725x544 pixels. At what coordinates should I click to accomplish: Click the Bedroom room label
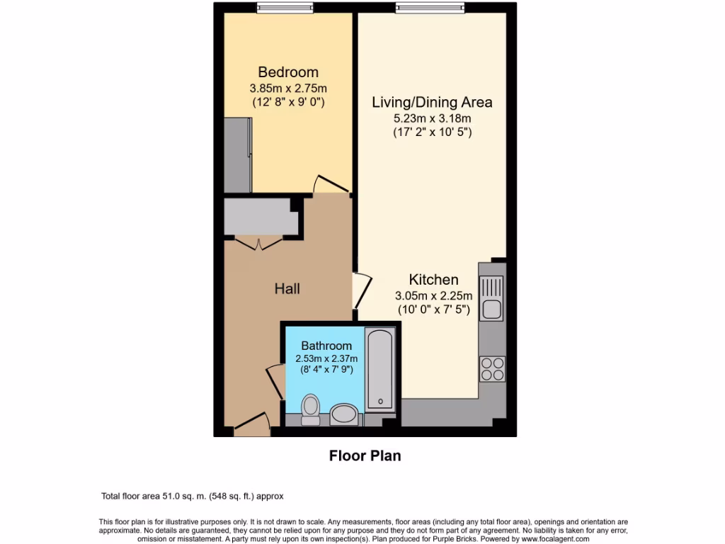[x=288, y=72]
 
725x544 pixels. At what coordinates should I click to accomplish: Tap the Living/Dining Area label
[x=432, y=102]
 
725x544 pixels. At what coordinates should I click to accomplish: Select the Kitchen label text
[x=433, y=279]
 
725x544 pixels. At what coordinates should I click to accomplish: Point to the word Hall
[x=287, y=289]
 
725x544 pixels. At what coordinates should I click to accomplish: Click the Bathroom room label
[x=326, y=346]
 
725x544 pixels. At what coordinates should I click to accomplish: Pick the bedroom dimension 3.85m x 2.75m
[x=288, y=89]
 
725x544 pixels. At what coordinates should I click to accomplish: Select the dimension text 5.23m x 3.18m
[x=432, y=118]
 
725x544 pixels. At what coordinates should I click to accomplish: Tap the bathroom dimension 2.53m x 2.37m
[x=326, y=358]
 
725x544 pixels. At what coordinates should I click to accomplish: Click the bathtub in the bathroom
[x=381, y=369]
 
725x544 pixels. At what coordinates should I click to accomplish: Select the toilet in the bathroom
[x=310, y=409]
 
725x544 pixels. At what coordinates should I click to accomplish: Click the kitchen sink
[x=491, y=298]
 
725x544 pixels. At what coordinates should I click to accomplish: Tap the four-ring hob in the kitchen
[x=492, y=368]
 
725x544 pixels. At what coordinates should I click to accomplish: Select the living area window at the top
[x=422, y=8]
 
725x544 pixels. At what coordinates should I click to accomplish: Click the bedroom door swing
[x=329, y=184]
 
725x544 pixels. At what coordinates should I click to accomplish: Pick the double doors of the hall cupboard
[x=258, y=242]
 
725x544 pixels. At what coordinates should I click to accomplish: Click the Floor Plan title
[x=365, y=455]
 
